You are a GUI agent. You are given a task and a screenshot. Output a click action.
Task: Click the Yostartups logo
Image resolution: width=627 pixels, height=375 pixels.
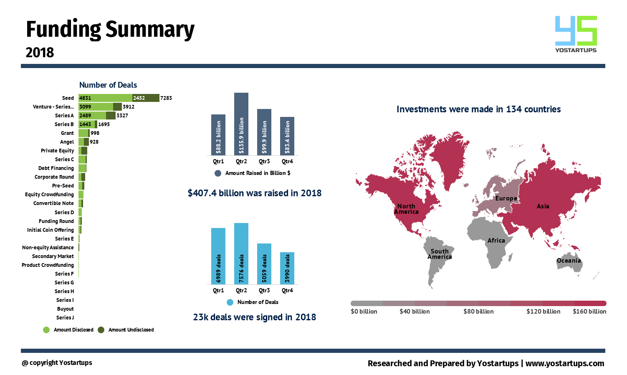(x=576, y=34)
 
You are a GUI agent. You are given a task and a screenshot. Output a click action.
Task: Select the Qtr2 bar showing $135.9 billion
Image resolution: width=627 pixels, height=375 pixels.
(x=241, y=124)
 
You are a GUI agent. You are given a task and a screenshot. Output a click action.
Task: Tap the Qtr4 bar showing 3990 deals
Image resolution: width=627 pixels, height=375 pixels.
(x=287, y=268)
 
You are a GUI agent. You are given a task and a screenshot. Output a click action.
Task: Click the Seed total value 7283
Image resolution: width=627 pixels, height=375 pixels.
(x=166, y=98)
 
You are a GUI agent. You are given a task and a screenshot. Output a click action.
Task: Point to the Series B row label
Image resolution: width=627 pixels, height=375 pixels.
(x=64, y=124)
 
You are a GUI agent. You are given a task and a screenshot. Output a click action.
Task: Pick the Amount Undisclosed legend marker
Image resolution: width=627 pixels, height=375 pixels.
(x=101, y=330)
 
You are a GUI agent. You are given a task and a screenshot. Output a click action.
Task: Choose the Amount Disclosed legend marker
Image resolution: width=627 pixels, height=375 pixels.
(x=46, y=330)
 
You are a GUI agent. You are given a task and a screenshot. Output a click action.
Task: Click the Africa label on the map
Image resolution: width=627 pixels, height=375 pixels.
(x=496, y=241)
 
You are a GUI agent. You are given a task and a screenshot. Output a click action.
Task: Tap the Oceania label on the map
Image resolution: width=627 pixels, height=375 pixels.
(x=569, y=261)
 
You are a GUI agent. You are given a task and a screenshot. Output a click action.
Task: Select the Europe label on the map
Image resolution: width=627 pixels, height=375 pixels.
(x=506, y=198)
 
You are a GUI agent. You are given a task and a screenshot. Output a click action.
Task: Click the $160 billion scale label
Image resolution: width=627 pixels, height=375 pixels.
(x=589, y=312)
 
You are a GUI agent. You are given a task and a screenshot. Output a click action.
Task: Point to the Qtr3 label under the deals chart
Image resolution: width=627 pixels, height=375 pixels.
(x=264, y=291)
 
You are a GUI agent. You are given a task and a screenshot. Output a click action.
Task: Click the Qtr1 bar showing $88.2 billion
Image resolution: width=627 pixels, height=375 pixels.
(x=218, y=135)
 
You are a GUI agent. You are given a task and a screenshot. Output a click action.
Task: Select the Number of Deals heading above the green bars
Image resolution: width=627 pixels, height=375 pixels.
(x=108, y=85)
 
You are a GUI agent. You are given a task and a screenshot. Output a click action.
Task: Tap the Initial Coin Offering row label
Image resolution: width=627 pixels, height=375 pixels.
(x=51, y=230)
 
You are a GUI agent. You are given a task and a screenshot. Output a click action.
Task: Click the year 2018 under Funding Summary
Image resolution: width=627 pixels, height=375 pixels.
(x=40, y=53)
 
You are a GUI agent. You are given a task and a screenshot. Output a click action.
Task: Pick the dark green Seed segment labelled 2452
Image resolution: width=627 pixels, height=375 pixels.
(x=146, y=98)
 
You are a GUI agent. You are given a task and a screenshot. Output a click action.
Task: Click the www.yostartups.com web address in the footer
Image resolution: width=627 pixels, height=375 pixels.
(x=564, y=363)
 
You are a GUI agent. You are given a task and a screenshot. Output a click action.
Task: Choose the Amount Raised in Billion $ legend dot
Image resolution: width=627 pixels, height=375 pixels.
(x=218, y=173)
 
